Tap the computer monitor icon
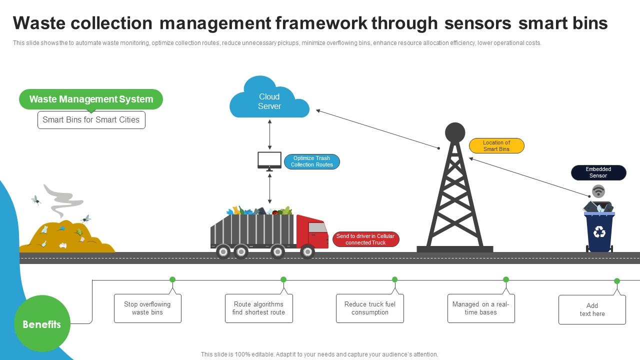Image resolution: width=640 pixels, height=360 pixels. click(x=269, y=160)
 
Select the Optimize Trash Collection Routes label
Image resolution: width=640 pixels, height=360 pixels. click(x=312, y=161)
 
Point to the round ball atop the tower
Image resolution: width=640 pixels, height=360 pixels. click(x=455, y=132)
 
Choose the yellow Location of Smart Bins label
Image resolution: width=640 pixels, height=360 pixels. click(x=496, y=146)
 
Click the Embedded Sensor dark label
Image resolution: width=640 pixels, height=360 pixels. click(x=598, y=172)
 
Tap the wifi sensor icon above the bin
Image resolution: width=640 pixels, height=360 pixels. click(x=598, y=191)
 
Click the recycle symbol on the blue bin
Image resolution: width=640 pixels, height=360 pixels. click(x=599, y=231)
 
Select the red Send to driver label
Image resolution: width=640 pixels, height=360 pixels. click(x=365, y=239)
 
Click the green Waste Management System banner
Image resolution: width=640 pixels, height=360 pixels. click(x=91, y=99)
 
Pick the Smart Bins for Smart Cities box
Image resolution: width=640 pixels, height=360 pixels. click(x=91, y=120)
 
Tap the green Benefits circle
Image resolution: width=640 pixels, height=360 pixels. click(x=42, y=324)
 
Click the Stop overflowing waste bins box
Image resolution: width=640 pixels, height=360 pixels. click(x=147, y=308)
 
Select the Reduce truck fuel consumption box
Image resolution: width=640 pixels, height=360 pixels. click(x=369, y=308)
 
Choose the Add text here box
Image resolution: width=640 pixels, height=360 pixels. click(x=592, y=310)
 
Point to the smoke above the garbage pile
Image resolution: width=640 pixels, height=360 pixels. click(x=63, y=200)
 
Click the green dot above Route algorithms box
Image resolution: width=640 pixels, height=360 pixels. click(x=283, y=279)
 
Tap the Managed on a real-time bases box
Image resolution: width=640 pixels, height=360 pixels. click(x=480, y=308)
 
